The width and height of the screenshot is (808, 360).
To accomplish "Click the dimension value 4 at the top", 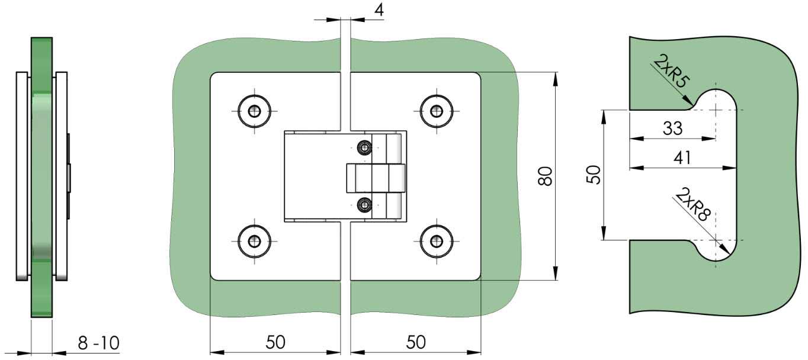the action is (x=379, y=10).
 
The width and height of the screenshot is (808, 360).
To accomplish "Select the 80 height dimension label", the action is (x=545, y=176).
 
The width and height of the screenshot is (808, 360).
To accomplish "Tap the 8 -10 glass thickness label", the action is (x=99, y=343).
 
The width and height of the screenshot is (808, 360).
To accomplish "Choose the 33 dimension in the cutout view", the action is (x=673, y=128).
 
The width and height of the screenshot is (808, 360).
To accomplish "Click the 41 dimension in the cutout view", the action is (x=682, y=157).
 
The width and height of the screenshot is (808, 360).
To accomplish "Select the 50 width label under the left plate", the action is (x=275, y=342).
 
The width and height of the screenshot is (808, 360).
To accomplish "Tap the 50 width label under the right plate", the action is (x=416, y=342).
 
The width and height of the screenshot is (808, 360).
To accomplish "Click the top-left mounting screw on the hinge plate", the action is (x=255, y=111).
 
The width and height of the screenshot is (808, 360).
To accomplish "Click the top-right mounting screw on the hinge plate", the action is (x=437, y=111).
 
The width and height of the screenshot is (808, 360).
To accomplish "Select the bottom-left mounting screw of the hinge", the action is (x=255, y=242).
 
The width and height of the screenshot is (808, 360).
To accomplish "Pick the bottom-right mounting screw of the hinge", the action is (x=437, y=242).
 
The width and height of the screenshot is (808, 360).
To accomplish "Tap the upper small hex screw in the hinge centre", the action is (x=364, y=147).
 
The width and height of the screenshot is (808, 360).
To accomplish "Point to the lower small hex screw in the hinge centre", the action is (x=364, y=205).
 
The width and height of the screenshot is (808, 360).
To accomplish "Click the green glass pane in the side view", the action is (x=41, y=177).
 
